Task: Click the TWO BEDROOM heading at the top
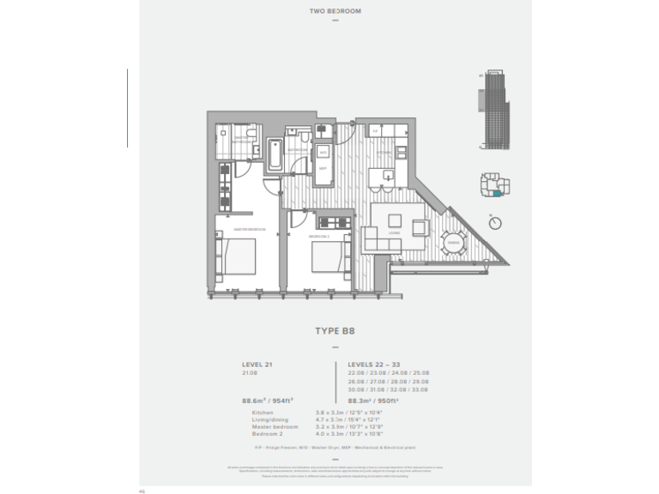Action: [336, 11]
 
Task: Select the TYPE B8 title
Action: [335, 328]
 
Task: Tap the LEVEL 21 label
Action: [257, 364]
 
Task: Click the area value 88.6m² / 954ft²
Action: [268, 399]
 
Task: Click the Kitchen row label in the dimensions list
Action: [262, 413]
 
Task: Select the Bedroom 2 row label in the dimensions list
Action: [265, 433]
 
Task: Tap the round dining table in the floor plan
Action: [453, 243]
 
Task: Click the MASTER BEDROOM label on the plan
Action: [250, 229]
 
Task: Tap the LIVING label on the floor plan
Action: [394, 232]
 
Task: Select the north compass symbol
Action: [494, 223]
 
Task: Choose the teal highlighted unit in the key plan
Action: [499, 194]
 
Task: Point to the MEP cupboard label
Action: [323, 168]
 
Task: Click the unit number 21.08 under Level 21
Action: [250, 373]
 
